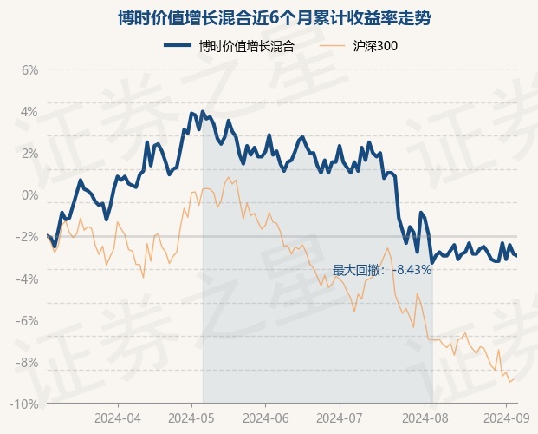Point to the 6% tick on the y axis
[29, 69]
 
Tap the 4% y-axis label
[29, 111]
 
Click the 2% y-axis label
[29, 153]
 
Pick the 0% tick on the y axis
[29, 194]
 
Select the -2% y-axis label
[28, 237]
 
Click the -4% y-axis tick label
[28, 279]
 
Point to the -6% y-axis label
[28, 320]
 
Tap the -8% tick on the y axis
[28, 362]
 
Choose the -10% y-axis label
[25, 404]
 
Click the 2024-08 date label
[425, 418]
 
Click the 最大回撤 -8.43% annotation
[382, 270]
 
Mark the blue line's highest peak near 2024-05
[203, 112]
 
